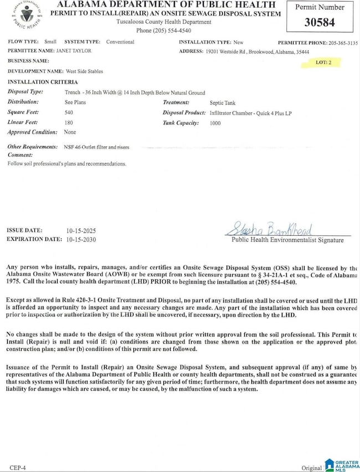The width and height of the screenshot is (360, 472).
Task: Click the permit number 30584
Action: (320, 23)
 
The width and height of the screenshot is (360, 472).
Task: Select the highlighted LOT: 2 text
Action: (323, 63)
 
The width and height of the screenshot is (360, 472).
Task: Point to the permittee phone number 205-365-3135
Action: (343, 43)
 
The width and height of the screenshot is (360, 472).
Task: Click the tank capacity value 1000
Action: (215, 123)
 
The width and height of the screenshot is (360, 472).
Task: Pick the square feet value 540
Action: (69, 112)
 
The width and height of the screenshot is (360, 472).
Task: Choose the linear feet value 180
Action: (69, 122)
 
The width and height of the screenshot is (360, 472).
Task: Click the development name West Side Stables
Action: (84, 71)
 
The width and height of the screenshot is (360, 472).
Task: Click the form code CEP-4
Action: (17, 468)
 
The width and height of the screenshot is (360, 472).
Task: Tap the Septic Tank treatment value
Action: (222, 102)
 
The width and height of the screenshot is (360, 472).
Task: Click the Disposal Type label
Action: (25, 92)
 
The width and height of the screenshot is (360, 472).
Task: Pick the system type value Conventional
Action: (120, 42)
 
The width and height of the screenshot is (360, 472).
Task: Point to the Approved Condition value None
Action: (70, 132)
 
